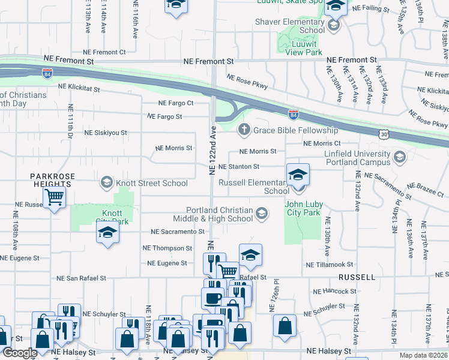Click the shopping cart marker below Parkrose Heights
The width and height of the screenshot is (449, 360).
[55, 196]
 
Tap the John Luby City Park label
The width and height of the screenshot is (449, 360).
[304, 209]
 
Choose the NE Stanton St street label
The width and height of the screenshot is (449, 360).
[238, 167]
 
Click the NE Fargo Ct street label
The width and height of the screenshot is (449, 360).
[176, 103]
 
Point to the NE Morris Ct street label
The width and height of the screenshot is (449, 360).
[322, 144]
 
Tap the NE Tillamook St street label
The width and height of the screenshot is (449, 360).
[329, 265]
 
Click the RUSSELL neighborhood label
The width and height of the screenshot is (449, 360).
[357, 278]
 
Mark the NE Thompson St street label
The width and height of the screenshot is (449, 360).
[167, 248]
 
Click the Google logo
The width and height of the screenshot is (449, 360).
[20, 353]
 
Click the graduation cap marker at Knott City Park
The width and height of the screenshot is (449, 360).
[107, 233]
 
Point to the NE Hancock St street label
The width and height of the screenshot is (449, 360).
[335, 292]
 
